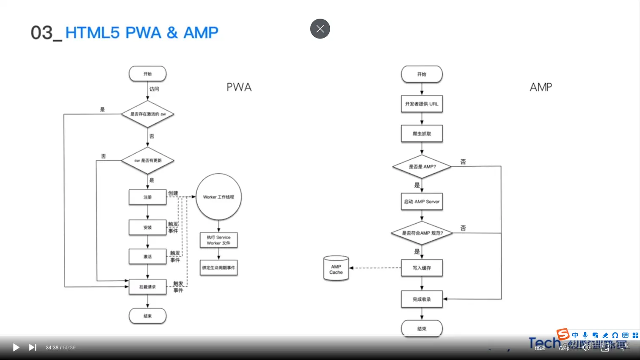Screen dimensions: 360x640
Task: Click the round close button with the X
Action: pos(320,29)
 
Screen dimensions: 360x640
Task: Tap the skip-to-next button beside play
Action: pos(33,347)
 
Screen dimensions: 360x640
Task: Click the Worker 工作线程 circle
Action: pos(218,197)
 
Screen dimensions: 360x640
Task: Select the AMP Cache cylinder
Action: pos(336,269)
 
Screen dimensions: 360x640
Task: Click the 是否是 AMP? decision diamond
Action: pos(422,166)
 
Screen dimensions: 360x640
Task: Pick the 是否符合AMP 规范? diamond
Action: pos(422,233)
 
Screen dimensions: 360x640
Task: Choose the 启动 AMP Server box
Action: pos(422,202)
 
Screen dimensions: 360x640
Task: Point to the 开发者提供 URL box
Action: pos(422,104)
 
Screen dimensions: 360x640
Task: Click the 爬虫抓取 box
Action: pos(422,133)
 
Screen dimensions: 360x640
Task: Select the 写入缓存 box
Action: pos(422,268)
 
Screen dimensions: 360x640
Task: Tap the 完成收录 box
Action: pos(422,299)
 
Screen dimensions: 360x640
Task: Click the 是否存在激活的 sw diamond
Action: pos(148,114)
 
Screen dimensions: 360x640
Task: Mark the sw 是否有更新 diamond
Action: pos(148,161)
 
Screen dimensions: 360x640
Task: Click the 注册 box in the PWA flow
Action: pos(148,197)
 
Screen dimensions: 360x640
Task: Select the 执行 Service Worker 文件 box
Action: pos(218,240)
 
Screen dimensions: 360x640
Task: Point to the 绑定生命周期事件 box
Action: pos(218,268)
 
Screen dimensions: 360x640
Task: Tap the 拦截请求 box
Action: pos(148,287)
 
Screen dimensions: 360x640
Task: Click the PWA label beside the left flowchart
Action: pos(239,87)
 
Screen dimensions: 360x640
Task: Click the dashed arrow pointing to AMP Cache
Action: pos(375,268)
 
